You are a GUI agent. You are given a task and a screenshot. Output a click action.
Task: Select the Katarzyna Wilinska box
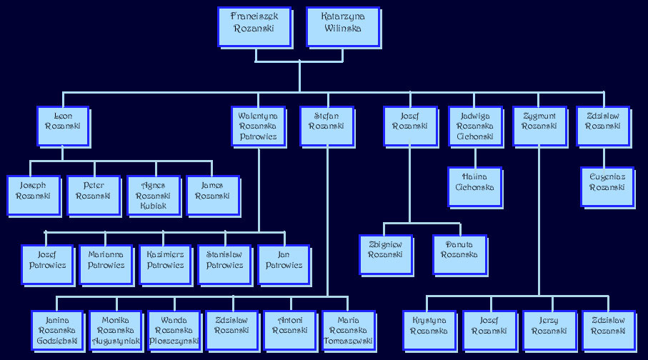(x=341, y=26)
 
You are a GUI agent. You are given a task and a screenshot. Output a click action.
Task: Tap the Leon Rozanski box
(x=62, y=125)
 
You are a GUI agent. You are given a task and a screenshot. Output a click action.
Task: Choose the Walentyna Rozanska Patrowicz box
(x=258, y=125)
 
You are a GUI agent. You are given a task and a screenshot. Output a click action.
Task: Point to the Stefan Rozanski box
(x=326, y=125)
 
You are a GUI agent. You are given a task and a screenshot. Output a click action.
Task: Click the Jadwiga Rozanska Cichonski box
(x=474, y=125)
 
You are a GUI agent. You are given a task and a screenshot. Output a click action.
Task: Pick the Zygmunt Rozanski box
(x=539, y=125)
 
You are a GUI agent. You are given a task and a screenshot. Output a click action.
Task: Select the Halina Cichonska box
(x=474, y=186)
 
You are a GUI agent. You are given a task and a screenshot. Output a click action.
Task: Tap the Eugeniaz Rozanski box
(x=607, y=186)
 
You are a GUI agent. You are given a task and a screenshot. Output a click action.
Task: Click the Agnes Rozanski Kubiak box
(x=153, y=194)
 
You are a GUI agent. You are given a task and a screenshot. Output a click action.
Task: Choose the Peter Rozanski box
(x=93, y=194)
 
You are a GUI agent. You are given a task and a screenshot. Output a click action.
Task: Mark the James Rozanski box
(x=212, y=194)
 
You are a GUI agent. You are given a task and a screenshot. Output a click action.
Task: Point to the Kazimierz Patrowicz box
(x=165, y=264)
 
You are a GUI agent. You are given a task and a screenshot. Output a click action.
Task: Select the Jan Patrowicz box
(x=284, y=264)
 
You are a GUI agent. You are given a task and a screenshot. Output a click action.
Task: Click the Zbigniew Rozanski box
(x=385, y=254)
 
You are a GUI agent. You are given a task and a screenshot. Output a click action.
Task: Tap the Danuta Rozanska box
(x=459, y=254)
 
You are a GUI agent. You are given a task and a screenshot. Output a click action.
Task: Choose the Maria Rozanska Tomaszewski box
(x=348, y=329)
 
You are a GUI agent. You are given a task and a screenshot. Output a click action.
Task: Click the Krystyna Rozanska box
(x=429, y=329)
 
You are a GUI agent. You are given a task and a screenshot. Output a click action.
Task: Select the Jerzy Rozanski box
(x=548, y=329)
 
